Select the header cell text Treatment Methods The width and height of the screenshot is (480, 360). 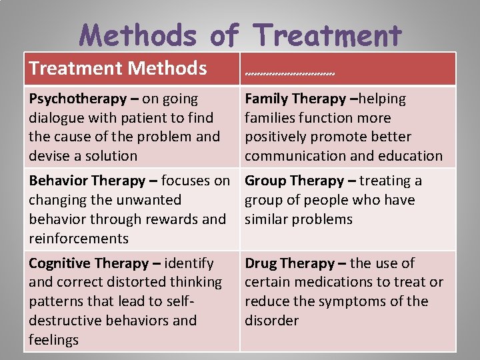118,67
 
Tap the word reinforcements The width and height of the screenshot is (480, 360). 79,238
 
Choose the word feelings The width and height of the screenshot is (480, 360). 54,340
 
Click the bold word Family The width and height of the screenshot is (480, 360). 267,99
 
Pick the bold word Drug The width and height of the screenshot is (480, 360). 261,263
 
